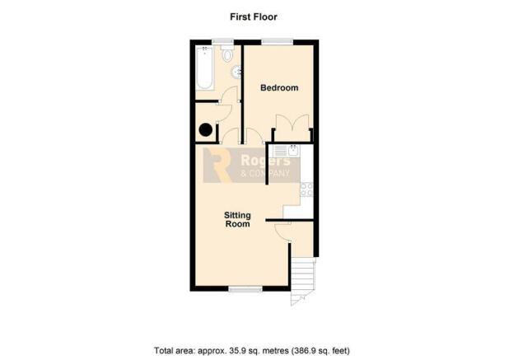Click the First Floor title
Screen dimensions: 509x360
(x=254, y=16)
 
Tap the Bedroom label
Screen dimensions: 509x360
(x=279, y=87)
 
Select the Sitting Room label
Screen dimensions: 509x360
(x=238, y=219)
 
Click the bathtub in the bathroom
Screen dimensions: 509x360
(x=204, y=68)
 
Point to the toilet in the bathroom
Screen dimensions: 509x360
(x=227, y=54)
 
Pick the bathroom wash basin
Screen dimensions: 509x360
(x=237, y=72)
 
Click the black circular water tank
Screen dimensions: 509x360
(x=205, y=130)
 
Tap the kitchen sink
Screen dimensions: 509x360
(x=287, y=151)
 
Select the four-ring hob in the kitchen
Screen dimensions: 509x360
(x=306, y=189)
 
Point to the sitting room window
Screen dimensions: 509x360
(x=245, y=288)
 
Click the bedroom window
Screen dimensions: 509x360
(x=278, y=42)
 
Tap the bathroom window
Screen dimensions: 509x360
(x=222, y=42)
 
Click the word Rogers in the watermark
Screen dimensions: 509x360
(x=265, y=161)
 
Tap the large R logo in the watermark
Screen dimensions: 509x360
(x=217, y=165)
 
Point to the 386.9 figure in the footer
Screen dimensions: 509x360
(x=305, y=351)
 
